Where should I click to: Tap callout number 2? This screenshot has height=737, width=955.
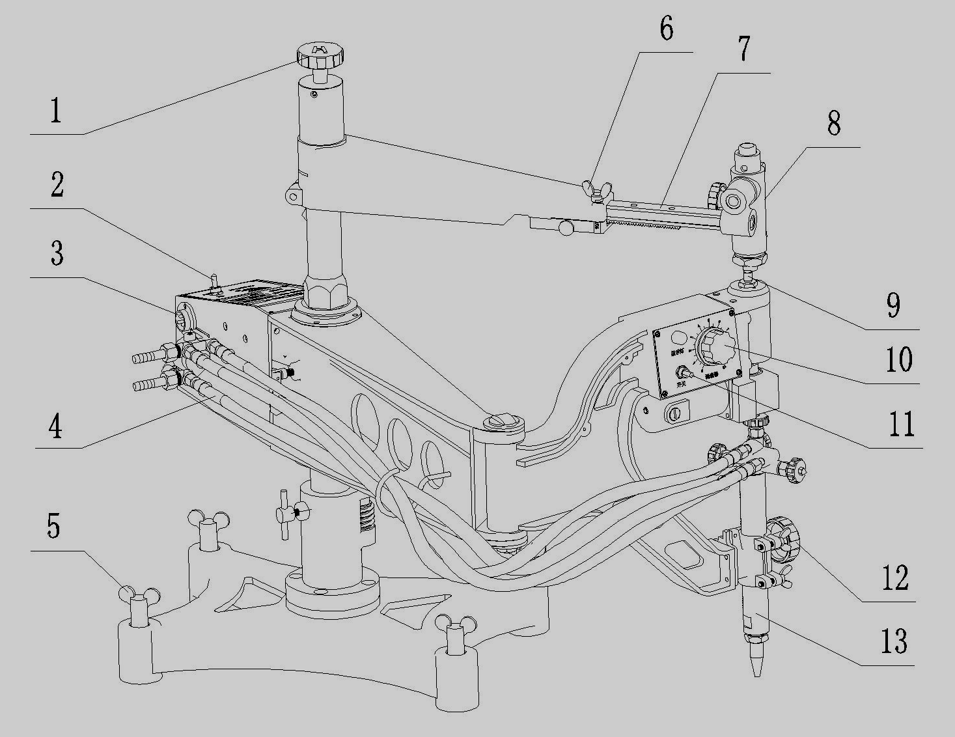(57, 186)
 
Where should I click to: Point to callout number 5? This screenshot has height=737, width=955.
(53, 526)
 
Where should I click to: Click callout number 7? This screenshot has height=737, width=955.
(743, 48)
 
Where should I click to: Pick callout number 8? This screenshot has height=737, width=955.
(834, 124)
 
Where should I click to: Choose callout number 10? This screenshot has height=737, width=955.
(899, 359)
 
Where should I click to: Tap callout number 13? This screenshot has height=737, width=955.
(894, 641)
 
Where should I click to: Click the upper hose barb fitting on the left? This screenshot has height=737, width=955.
(151, 355)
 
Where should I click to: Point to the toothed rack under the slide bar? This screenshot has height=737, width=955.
(657, 224)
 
